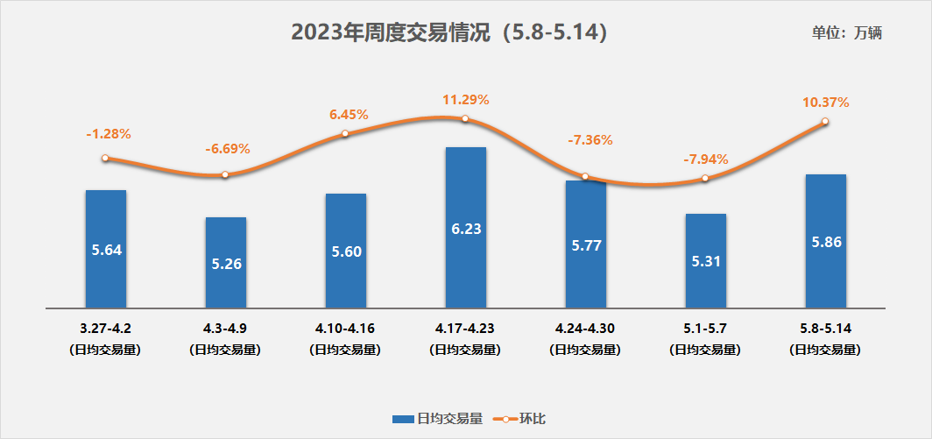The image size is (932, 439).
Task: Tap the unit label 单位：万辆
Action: [x=846, y=33]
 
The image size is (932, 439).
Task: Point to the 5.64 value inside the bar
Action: [x=106, y=249]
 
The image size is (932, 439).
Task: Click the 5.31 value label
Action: [x=706, y=260]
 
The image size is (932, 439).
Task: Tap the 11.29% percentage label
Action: [x=465, y=99]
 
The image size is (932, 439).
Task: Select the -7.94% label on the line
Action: [x=705, y=159]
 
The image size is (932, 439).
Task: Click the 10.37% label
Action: [x=825, y=103]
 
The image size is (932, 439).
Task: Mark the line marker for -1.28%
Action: [x=105, y=159]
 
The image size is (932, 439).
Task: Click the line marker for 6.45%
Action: [x=345, y=134]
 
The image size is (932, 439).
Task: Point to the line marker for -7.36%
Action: [x=586, y=177]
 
